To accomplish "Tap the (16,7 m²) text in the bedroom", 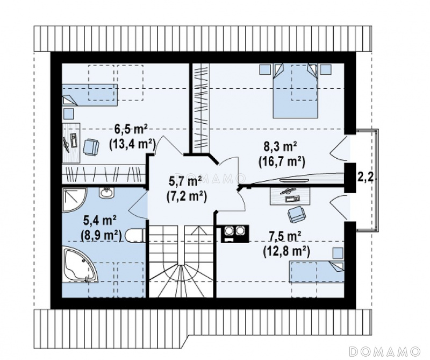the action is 281,162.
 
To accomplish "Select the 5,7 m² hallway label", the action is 184,182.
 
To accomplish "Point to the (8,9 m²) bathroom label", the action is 101,235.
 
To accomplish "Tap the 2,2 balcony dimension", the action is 365,178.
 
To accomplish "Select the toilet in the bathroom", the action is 135,236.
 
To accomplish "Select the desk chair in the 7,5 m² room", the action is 296,214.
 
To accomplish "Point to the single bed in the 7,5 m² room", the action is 316,272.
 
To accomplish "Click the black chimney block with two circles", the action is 235,234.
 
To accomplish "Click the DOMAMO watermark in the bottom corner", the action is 384,351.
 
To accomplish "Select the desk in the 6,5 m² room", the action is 71,143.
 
